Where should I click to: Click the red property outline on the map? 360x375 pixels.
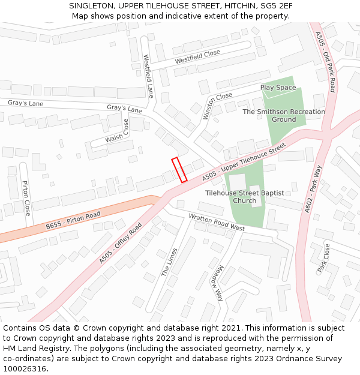tap(179, 170)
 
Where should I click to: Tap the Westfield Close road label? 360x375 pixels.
tap(197, 57)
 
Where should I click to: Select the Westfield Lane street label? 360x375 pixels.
tap(148, 76)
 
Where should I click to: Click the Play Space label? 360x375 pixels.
tap(278, 88)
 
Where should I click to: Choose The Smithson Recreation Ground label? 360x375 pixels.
tap(284, 115)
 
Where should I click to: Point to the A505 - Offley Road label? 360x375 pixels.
tap(121, 243)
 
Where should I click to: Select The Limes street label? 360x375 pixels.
tap(169, 262)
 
